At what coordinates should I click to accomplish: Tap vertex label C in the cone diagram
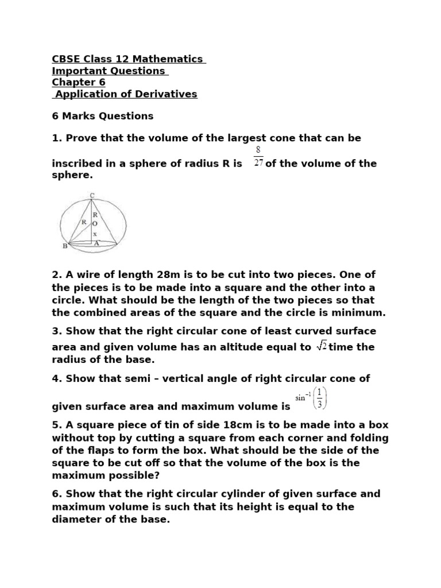(x=92, y=196)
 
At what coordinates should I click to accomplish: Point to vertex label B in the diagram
(x=64, y=247)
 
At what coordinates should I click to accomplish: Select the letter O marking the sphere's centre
(x=95, y=223)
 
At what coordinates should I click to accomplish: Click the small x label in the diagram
(x=95, y=234)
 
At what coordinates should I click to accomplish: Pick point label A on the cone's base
(x=96, y=243)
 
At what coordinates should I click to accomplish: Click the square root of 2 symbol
(x=322, y=346)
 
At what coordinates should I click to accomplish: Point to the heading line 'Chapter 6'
(x=79, y=82)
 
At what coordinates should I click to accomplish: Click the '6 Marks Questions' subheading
(x=103, y=116)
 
